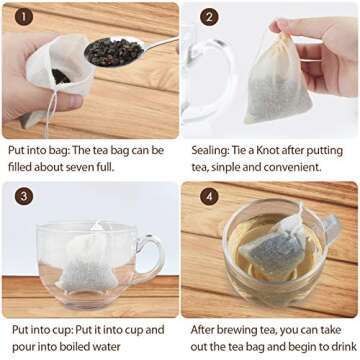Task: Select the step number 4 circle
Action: tap(210, 196)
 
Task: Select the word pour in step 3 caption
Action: tap(25, 344)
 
